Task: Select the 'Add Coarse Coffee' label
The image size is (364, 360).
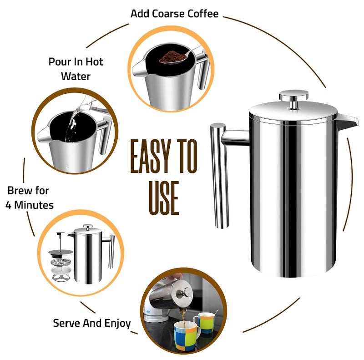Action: tap(174, 14)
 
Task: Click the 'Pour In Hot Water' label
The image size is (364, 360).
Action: tap(76, 68)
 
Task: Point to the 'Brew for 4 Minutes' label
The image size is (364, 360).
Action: tap(29, 198)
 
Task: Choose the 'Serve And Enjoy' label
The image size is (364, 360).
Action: tap(92, 323)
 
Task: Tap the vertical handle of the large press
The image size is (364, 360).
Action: tap(219, 175)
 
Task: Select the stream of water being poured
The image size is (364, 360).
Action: tap(71, 125)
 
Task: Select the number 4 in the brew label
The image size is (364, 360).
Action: tap(10, 205)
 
